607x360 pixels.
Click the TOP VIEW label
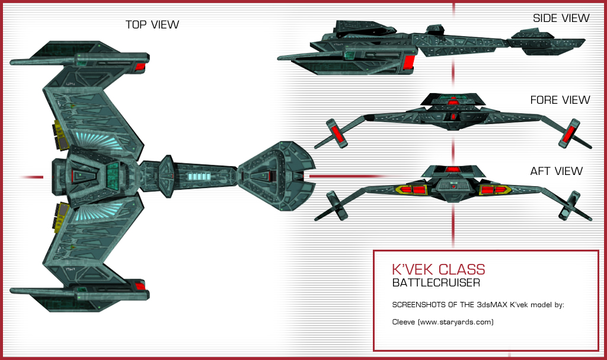click(x=152, y=24)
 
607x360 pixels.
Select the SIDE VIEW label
click(x=561, y=18)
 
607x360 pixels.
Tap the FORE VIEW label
click(x=560, y=100)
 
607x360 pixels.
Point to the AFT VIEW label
click(x=557, y=171)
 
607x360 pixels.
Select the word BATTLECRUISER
click(x=436, y=283)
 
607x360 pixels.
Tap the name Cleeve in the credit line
click(x=404, y=322)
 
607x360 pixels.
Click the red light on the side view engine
click(x=410, y=60)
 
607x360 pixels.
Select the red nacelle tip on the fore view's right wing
click(x=573, y=132)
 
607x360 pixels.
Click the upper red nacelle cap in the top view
click(x=140, y=67)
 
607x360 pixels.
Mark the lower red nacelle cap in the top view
click(x=140, y=286)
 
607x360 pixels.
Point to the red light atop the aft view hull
click(x=453, y=170)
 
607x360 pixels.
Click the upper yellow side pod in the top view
click(x=60, y=135)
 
